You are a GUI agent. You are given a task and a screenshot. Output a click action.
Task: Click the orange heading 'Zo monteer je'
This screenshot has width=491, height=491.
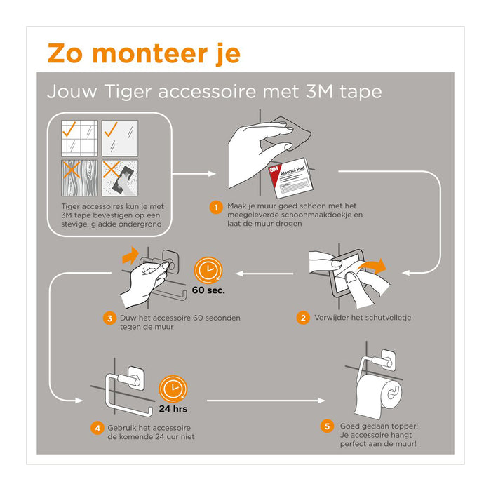coord(143,53)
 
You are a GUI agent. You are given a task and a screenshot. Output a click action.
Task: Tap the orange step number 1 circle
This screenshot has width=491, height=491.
coord(217,207)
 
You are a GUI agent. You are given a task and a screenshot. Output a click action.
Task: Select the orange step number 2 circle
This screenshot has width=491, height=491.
coord(303,318)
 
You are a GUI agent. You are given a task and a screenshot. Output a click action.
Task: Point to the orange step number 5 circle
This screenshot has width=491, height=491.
coord(326,426)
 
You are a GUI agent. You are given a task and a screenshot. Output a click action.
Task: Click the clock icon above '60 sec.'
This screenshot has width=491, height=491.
coord(208,270)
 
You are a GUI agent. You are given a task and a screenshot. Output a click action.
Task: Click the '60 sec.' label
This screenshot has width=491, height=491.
coord(208,290)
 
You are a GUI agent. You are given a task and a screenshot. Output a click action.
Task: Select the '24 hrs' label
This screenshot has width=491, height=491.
coord(172,408)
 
